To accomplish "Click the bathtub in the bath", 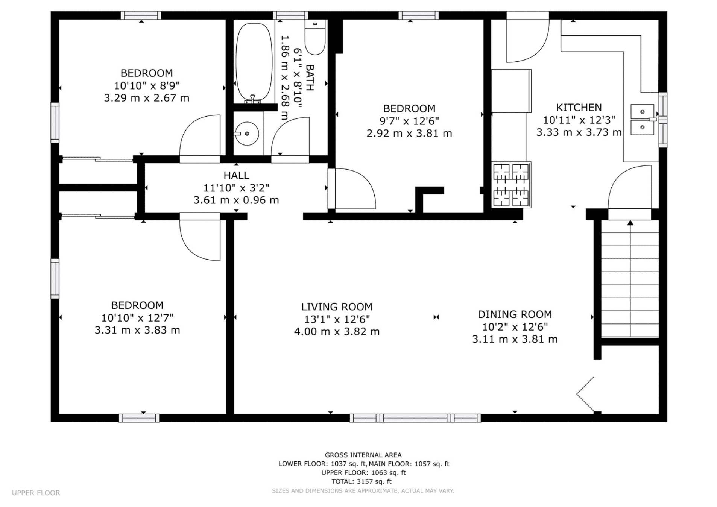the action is click(x=254, y=62).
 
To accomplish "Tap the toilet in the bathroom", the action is click(x=314, y=37).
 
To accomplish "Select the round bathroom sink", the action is click(x=247, y=134).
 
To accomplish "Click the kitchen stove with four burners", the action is click(x=511, y=185).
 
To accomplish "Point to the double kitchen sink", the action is click(x=642, y=119).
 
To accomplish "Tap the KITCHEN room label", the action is click(x=579, y=108).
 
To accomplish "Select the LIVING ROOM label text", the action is click(x=337, y=307).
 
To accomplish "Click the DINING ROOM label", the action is click(x=515, y=314).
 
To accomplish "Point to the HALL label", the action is click(x=236, y=175).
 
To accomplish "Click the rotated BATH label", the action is click(x=310, y=77).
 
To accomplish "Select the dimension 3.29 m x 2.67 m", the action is click(x=147, y=98).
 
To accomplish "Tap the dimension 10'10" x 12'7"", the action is click(x=137, y=318).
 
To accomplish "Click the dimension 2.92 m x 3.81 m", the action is click(x=409, y=134).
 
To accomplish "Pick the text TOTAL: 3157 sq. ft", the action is click(x=362, y=481).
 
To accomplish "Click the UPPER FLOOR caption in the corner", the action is click(x=36, y=493).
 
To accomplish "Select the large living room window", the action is click(x=415, y=418).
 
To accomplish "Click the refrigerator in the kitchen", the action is click(x=511, y=91).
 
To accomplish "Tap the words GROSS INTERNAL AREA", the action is click(x=363, y=455).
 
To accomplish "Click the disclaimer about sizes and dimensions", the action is click(x=363, y=491).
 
